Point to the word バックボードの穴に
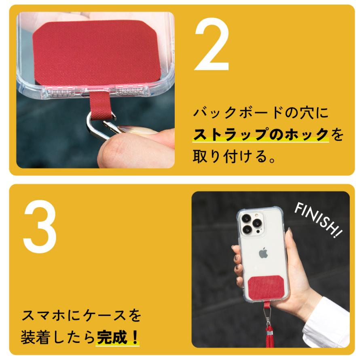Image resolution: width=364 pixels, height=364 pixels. (261, 112)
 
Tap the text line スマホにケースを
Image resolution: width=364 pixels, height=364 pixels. (81, 315)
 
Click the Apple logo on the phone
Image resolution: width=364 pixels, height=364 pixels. (263, 253)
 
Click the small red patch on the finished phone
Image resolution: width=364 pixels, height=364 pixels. (265, 288)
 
